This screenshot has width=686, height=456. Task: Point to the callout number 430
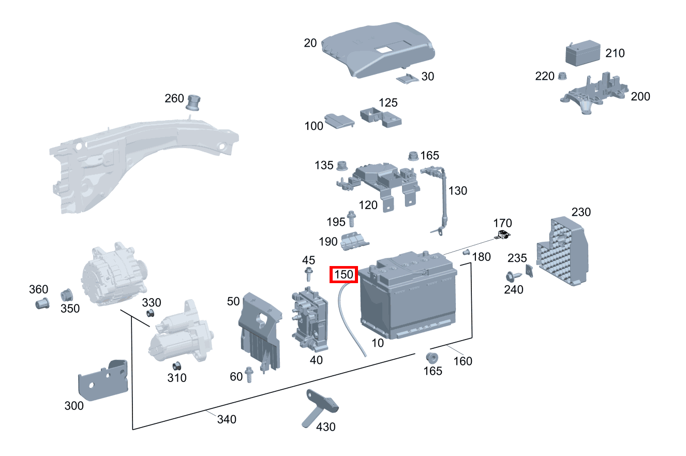326,427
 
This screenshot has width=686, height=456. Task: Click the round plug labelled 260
194,102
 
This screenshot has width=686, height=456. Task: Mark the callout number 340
227,419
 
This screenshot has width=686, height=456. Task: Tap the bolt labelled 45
309,273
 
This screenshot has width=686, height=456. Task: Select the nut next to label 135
341,166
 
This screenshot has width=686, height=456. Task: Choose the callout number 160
463,361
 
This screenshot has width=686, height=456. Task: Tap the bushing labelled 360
41,303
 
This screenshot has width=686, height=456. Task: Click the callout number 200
640,96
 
